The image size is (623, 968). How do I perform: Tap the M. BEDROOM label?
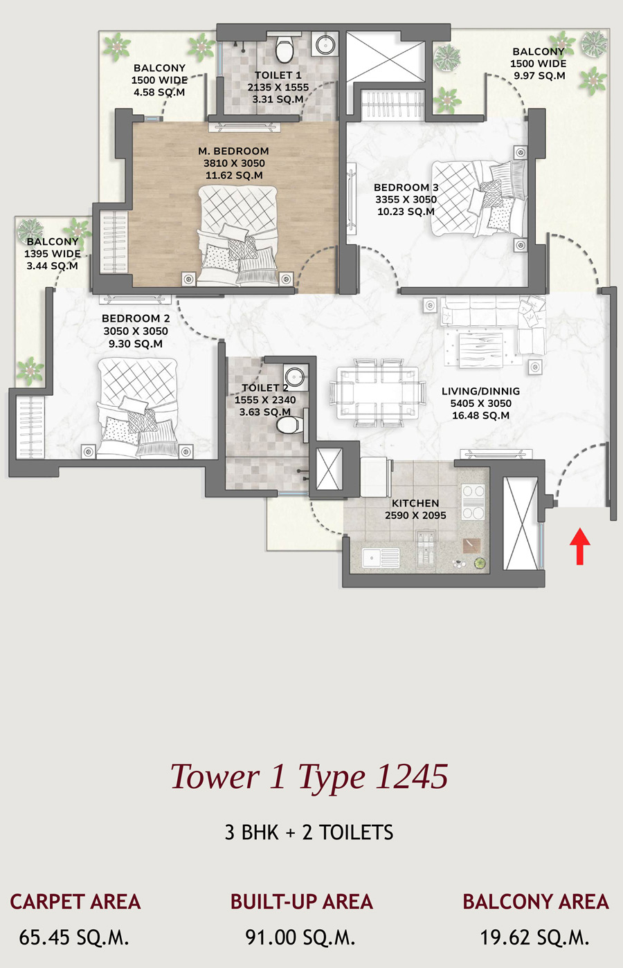233,152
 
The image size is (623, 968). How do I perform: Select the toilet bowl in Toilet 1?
284,49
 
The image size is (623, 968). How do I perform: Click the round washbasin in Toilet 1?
325,44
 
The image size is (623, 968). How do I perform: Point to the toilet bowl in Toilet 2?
287,425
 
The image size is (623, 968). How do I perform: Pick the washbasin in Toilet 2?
296,375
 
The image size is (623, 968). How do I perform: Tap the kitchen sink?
381,558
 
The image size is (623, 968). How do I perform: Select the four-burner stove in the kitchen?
473,502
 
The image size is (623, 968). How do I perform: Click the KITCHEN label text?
415,503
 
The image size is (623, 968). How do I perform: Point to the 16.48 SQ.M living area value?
481,415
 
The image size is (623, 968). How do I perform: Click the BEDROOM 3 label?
406,188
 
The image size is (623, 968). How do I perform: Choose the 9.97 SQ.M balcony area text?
539,75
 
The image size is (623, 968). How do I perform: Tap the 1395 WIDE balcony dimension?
53,254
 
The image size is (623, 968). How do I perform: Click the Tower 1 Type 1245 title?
309,776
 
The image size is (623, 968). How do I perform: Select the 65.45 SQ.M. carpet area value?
74,938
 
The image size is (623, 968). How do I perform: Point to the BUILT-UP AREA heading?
301,902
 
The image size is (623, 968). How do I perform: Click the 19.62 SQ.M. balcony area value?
535,938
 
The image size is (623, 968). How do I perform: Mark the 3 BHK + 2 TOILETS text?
309,832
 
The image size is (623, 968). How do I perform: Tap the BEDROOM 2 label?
136,318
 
